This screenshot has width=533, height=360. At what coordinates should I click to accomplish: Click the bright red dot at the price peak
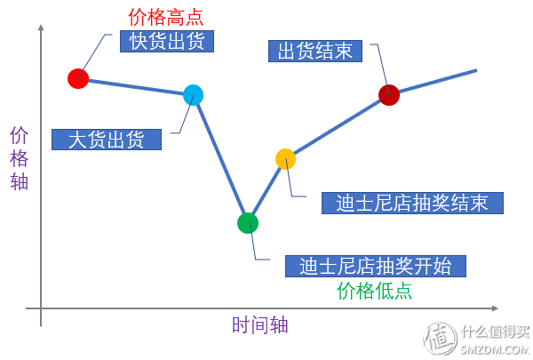[78, 78]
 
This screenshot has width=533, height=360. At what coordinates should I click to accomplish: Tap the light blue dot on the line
[193, 95]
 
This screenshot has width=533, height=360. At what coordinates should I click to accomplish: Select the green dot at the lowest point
[248, 223]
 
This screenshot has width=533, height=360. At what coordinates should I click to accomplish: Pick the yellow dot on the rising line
[285, 159]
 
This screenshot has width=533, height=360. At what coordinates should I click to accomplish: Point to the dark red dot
[389, 95]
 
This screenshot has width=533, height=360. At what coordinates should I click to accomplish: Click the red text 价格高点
[165, 18]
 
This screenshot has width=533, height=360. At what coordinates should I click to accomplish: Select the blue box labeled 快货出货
[167, 41]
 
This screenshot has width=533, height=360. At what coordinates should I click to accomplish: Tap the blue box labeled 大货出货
[107, 140]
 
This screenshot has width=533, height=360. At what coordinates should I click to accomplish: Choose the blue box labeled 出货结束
[315, 51]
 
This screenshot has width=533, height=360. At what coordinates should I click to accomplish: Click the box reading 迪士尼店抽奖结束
[412, 204]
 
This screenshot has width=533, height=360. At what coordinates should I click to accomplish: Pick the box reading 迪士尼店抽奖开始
[376, 266]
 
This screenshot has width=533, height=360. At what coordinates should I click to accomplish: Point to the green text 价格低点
[374, 291]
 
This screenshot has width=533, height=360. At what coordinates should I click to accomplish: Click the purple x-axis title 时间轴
[260, 324]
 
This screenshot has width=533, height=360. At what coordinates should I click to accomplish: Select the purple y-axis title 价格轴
[19, 158]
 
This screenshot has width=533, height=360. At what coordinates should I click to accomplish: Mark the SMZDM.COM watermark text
[495, 349]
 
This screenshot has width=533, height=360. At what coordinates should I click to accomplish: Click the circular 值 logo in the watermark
[441, 338]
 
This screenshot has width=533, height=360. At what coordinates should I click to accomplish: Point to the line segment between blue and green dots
[220, 159]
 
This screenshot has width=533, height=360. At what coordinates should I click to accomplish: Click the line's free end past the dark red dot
[476, 70]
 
